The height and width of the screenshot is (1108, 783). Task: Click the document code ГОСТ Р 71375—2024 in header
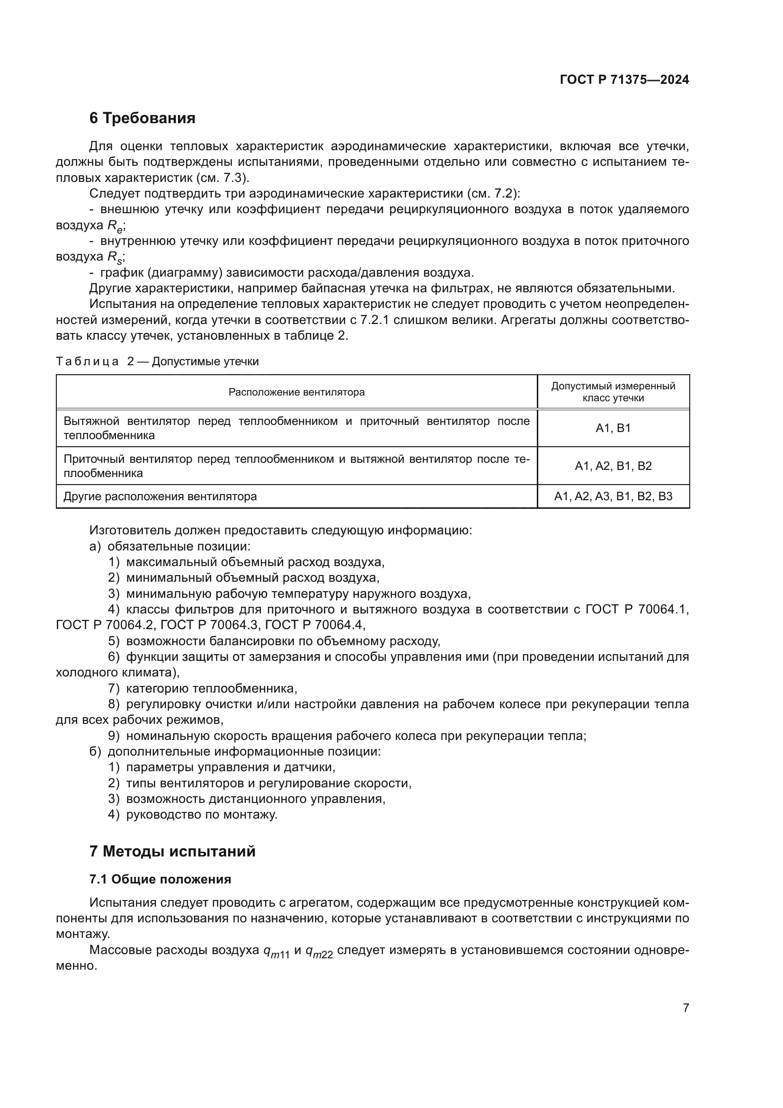pos(624,80)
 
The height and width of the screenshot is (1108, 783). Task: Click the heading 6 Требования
pos(142,118)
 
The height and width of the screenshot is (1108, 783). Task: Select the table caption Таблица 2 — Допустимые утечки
pos(157,361)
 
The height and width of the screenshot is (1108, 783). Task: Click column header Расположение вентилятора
pos(296,392)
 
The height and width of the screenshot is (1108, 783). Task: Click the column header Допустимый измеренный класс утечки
pos(613,392)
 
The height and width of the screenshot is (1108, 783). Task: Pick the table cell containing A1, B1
pos(613,428)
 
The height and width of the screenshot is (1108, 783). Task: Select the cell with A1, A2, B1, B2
pos(613,466)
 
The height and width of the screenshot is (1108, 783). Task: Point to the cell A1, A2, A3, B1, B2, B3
pos(613,496)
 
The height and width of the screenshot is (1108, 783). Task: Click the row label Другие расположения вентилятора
pos(160,496)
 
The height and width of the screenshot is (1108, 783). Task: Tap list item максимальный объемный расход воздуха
pos(255,562)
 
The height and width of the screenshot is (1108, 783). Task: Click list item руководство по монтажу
pos(202,815)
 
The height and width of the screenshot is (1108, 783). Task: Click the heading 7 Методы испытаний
pos(172,852)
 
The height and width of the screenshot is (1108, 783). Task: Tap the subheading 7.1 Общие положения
pos(160,880)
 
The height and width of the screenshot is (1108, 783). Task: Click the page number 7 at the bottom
pos(685,1008)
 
